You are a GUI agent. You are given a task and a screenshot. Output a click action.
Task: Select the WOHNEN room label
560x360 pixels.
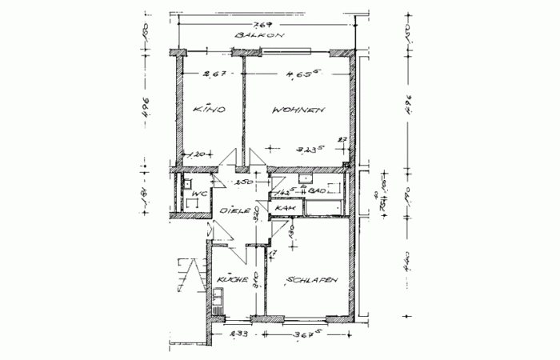[x=298, y=110]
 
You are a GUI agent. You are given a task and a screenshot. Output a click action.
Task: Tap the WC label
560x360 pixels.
[x=200, y=194]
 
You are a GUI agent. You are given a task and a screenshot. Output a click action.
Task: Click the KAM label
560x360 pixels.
[x=285, y=209]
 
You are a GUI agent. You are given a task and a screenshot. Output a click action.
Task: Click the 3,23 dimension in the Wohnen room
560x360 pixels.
[x=307, y=149]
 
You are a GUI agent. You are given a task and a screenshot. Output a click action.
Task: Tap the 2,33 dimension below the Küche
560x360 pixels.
[x=237, y=334]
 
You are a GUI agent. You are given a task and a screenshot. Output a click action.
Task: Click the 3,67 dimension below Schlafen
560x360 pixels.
[x=307, y=334]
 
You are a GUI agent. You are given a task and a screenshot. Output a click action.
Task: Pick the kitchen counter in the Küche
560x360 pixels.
[x=216, y=305]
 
